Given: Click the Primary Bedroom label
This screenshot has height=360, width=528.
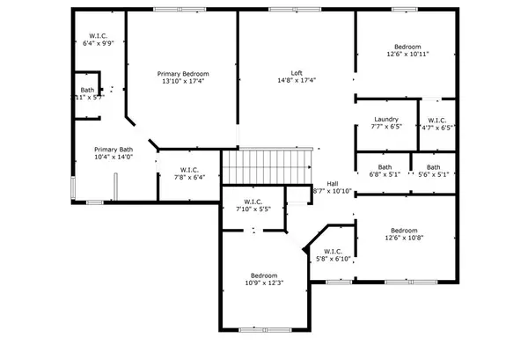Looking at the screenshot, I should [181, 73].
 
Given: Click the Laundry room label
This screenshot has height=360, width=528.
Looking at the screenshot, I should [386, 119].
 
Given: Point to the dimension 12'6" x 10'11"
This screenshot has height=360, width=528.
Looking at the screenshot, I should [407, 55].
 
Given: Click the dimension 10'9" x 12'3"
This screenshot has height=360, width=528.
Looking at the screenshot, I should [263, 283].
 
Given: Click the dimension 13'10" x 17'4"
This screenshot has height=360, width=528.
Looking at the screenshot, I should [181, 81].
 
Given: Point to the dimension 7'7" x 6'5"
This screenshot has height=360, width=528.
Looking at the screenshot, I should [386, 127].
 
